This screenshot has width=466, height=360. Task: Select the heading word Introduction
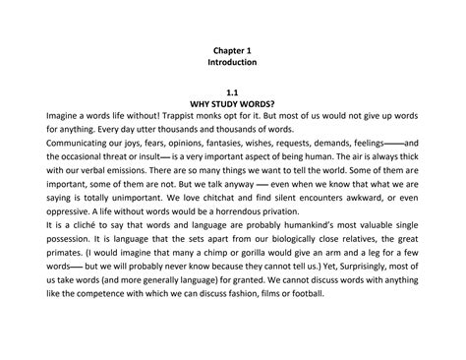coord(233,62)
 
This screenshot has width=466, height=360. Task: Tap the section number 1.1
coord(233,90)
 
